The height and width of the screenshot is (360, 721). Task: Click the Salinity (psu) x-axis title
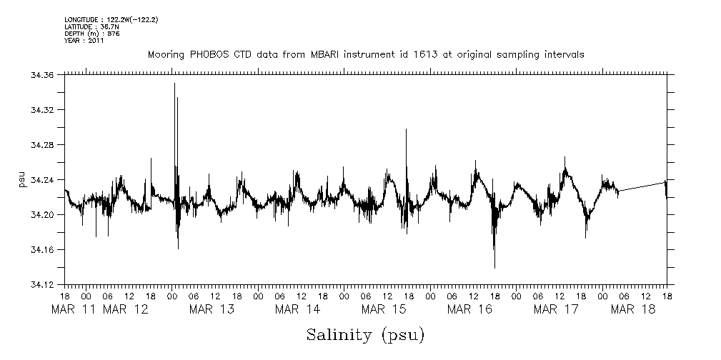(x=365, y=334)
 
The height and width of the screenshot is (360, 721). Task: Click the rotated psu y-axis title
(x=23, y=180)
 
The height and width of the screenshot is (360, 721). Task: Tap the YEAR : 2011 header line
(x=84, y=41)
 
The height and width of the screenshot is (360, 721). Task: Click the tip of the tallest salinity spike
(x=174, y=84)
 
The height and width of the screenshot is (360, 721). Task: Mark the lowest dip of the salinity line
(x=494, y=268)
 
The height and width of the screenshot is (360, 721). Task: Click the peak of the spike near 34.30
(x=406, y=129)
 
